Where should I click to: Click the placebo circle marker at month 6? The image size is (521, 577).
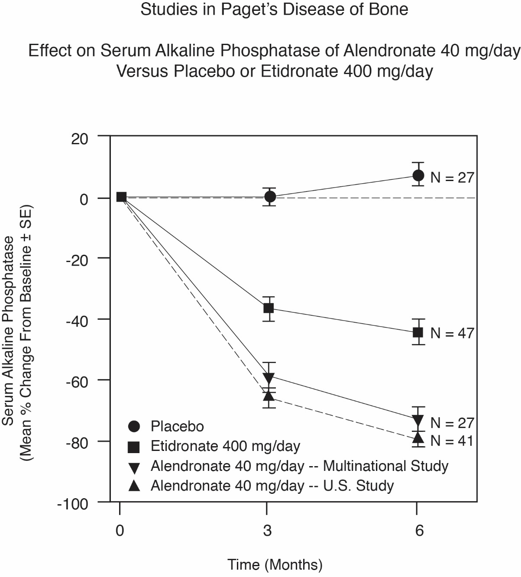click(x=418, y=175)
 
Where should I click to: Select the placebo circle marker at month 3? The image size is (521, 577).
click(x=270, y=197)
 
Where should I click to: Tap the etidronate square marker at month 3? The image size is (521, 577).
click(x=269, y=308)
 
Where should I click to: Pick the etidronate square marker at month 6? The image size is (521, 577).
click(x=418, y=332)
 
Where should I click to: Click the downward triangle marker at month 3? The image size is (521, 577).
click(x=269, y=377)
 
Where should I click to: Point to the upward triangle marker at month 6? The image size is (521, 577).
click(x=418, y=436)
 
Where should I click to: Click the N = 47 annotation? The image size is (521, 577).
click(x=452, y=333)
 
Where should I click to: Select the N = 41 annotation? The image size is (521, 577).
click(x=452, y=441)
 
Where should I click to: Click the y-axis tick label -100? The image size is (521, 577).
click(x=72, y=504)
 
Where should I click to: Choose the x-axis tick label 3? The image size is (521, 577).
click(x=267, y=530)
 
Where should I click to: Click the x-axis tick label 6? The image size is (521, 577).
click(x=419, y=530)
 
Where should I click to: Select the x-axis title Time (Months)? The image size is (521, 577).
click(x=275, y=565)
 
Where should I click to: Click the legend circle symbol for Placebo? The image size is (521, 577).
click(x=134, y=427)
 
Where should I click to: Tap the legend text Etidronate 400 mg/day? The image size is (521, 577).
click(x=225, y=446)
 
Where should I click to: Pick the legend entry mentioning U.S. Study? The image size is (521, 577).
click(x=272, y=486)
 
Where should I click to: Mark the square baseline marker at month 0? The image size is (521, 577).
click(x=121, y=197)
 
